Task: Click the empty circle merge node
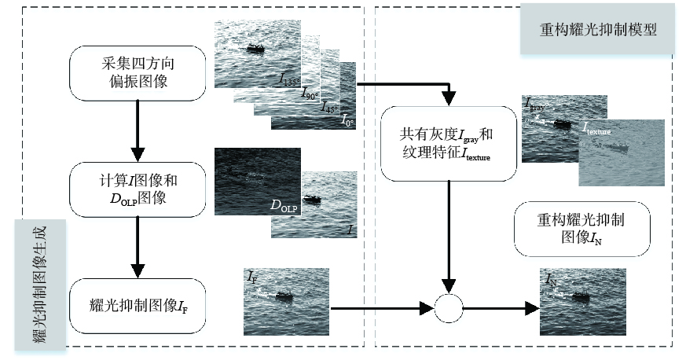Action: point(448,307)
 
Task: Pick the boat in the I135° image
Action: point(255,49)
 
